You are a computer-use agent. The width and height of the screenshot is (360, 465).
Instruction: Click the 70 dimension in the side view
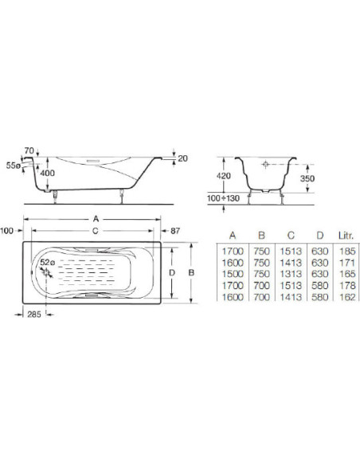[x=29, y=150]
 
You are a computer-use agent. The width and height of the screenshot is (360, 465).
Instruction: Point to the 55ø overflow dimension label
[x=14, y=166]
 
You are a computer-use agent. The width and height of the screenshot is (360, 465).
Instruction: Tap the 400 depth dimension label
[x=48, y=173]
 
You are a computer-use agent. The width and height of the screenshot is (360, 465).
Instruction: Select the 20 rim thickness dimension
[x=182, y=158]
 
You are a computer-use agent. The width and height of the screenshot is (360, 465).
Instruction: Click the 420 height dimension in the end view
[x=223, y=176]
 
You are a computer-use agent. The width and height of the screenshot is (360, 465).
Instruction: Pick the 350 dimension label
[x=307, y=178]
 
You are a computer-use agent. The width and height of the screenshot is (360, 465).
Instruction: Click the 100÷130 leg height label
[x=223, y=198]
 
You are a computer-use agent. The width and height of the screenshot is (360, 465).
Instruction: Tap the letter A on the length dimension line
[x=96, y=219]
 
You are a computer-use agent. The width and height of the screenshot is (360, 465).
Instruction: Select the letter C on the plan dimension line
[x=96, y=231]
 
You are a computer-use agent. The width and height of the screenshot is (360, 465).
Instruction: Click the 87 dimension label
[x=175, y=231]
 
